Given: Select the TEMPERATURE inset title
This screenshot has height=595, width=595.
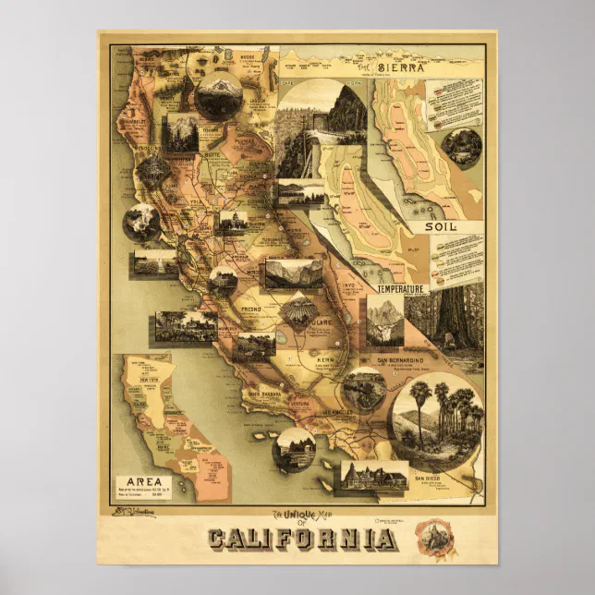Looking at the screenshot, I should tap(400, 288).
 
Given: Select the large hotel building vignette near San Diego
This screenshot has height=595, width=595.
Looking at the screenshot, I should tap(374, 476).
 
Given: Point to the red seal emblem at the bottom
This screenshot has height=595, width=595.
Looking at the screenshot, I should tap(428, 537).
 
